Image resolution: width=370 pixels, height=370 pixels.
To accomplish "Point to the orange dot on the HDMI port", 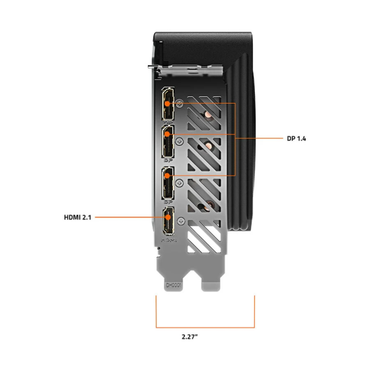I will (167, 218).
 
